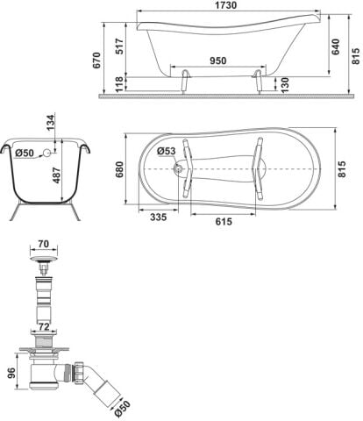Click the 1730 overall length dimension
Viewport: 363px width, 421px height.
pyautogui.click(x=225, y=5)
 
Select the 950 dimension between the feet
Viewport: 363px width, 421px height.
pyautogui.click(x=218, y=61)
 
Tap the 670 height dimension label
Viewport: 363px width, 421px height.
pyautogui.click(x=96, y=61)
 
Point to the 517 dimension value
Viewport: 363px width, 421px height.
pyautogui.click(x=119, y=46)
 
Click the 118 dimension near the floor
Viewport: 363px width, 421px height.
pyautogui.click(x=119, y=84)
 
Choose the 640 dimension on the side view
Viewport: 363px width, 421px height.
pyautogui.click(x=336, y=46)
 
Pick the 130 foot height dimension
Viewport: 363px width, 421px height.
pyautogui.click(x=284, y=85)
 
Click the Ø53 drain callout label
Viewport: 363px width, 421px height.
pyautogui.click(x=167, y=151)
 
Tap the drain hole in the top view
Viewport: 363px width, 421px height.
pyautogui.click(x=178, y=168)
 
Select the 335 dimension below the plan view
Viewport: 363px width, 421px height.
pyautogui.click(x=159, y=218)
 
